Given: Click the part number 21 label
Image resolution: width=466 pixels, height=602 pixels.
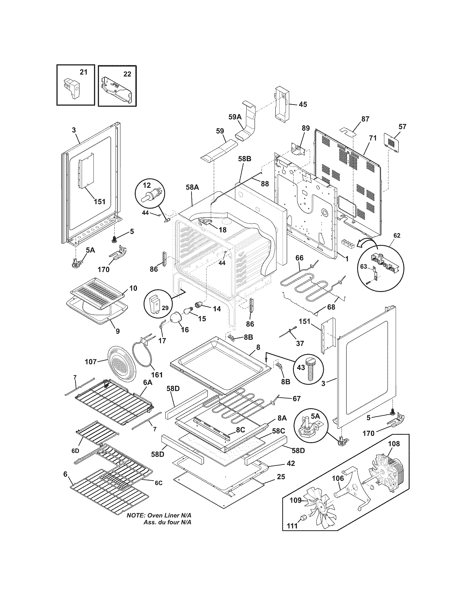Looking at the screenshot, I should click(83, 72).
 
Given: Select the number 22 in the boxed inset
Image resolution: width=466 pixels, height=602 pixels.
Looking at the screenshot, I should click(127, 74).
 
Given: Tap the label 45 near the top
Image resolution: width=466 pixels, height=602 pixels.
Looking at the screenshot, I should click(303, 105).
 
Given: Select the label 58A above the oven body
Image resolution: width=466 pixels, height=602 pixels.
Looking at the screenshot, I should click(192, 187).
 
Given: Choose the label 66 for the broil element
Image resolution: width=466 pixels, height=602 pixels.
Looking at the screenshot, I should click(299, 258).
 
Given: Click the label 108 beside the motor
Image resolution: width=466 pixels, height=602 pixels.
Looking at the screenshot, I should click(394, 444).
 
